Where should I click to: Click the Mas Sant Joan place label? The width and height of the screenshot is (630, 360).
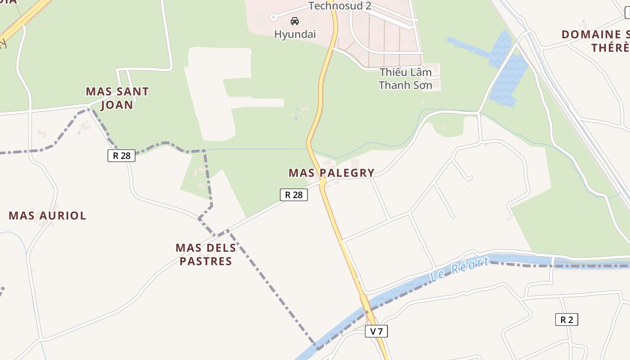pos(117,98)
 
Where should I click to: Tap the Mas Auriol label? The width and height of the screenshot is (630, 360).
pos(47,216)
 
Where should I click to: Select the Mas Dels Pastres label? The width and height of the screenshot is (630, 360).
pos(206,254)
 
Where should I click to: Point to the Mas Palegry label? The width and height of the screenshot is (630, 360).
pos(331,173)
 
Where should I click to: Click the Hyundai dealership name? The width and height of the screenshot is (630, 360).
pos(295,34)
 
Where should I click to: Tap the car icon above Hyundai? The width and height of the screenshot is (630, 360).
pos(295,21)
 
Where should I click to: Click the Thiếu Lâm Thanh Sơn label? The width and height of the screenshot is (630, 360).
pos(405,79)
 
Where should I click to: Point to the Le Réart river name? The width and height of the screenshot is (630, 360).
pos(459,269)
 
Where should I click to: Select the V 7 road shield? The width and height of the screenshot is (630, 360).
pos(376,332)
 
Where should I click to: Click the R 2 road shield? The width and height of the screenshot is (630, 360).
pos(567,319)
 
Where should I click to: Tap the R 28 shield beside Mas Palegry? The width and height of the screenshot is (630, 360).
pos(294,194)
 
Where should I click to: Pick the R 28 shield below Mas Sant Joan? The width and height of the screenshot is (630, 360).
pos(121,156)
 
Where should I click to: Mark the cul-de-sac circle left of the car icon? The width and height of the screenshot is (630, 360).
pos(273,17)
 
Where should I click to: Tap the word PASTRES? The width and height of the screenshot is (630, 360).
pos(206,261)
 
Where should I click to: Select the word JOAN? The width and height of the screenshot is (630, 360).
pos(117,105)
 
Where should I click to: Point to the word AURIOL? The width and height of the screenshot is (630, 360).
pos(63,216)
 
